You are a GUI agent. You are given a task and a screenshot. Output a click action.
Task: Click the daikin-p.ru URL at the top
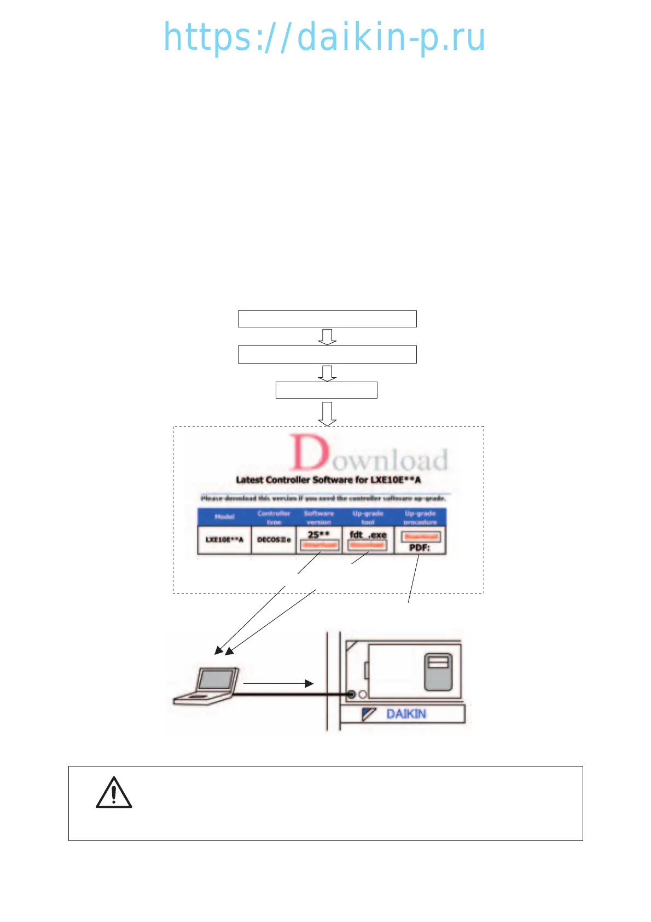coord(324,37)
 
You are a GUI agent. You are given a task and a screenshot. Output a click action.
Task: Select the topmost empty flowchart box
coord(327,319)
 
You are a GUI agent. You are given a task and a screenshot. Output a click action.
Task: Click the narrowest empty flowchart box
coord(326,390)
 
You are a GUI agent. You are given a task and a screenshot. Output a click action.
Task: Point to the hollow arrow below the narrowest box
coord(327,413)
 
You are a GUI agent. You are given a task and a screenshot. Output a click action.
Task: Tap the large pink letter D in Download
coord(310,453)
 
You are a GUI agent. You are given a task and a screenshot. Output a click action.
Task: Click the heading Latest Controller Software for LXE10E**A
coord(328,480)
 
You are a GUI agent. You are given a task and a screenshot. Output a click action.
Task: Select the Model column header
coord(224,517)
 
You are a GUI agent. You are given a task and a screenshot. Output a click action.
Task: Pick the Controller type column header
coord(274,517)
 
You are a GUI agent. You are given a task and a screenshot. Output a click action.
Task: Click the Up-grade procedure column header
coord(420,517)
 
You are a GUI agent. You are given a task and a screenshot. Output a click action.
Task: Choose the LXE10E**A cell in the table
coord(224,540)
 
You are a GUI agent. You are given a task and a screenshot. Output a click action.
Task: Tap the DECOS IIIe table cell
coord(274,540)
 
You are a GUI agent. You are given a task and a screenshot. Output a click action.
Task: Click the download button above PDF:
coord(420,537)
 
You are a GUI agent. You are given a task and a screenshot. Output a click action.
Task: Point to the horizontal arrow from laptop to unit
coord(278,683)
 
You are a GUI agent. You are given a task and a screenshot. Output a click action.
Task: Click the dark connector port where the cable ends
coord(351,694)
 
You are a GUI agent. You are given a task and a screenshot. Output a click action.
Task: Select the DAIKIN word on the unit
coord(406,714)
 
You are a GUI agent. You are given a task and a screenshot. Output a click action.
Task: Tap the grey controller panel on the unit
coord(438,672)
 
